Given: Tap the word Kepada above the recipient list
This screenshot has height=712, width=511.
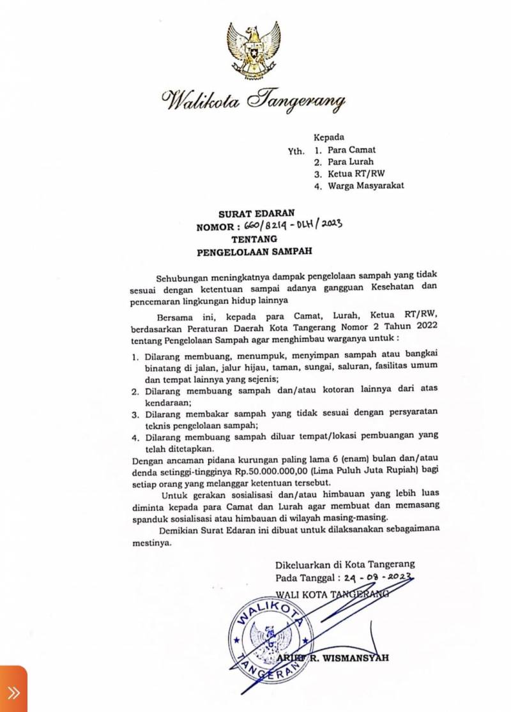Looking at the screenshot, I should (329, 137).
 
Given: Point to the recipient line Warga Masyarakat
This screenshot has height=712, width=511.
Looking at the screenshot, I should (365, 186).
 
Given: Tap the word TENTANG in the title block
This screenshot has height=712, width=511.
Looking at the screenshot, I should (254, 239).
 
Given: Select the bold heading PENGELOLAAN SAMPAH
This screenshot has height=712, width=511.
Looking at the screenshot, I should (254, 252).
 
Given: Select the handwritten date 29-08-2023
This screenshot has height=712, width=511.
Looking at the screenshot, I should (370, 578).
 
